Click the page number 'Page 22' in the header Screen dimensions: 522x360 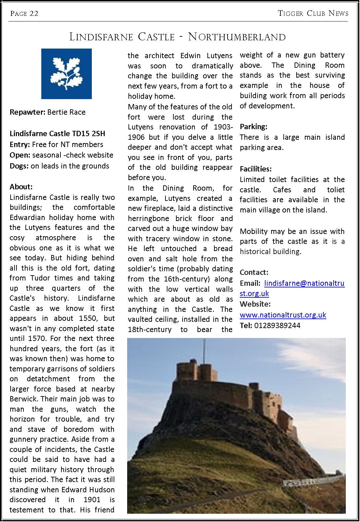pos(24,14)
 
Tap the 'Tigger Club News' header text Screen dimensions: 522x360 pos(313,14)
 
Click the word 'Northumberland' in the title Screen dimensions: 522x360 pos(237,37)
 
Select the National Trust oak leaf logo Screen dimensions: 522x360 pos(66,74)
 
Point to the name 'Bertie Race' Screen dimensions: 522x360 pos(66,112)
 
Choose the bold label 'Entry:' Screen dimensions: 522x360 pos(20,144)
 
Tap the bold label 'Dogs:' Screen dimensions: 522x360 pos(19,166)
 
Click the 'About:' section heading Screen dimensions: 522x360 pos(21,187)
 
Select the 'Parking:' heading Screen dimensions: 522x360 pos(253,127)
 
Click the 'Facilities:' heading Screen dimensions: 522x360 pos(256,169)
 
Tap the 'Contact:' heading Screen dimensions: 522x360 pos(254,272)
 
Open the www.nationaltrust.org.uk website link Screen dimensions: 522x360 pos(283,315)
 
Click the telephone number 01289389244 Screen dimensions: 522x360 pos(277,325)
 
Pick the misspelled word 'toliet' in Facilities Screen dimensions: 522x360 pos(336,190)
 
